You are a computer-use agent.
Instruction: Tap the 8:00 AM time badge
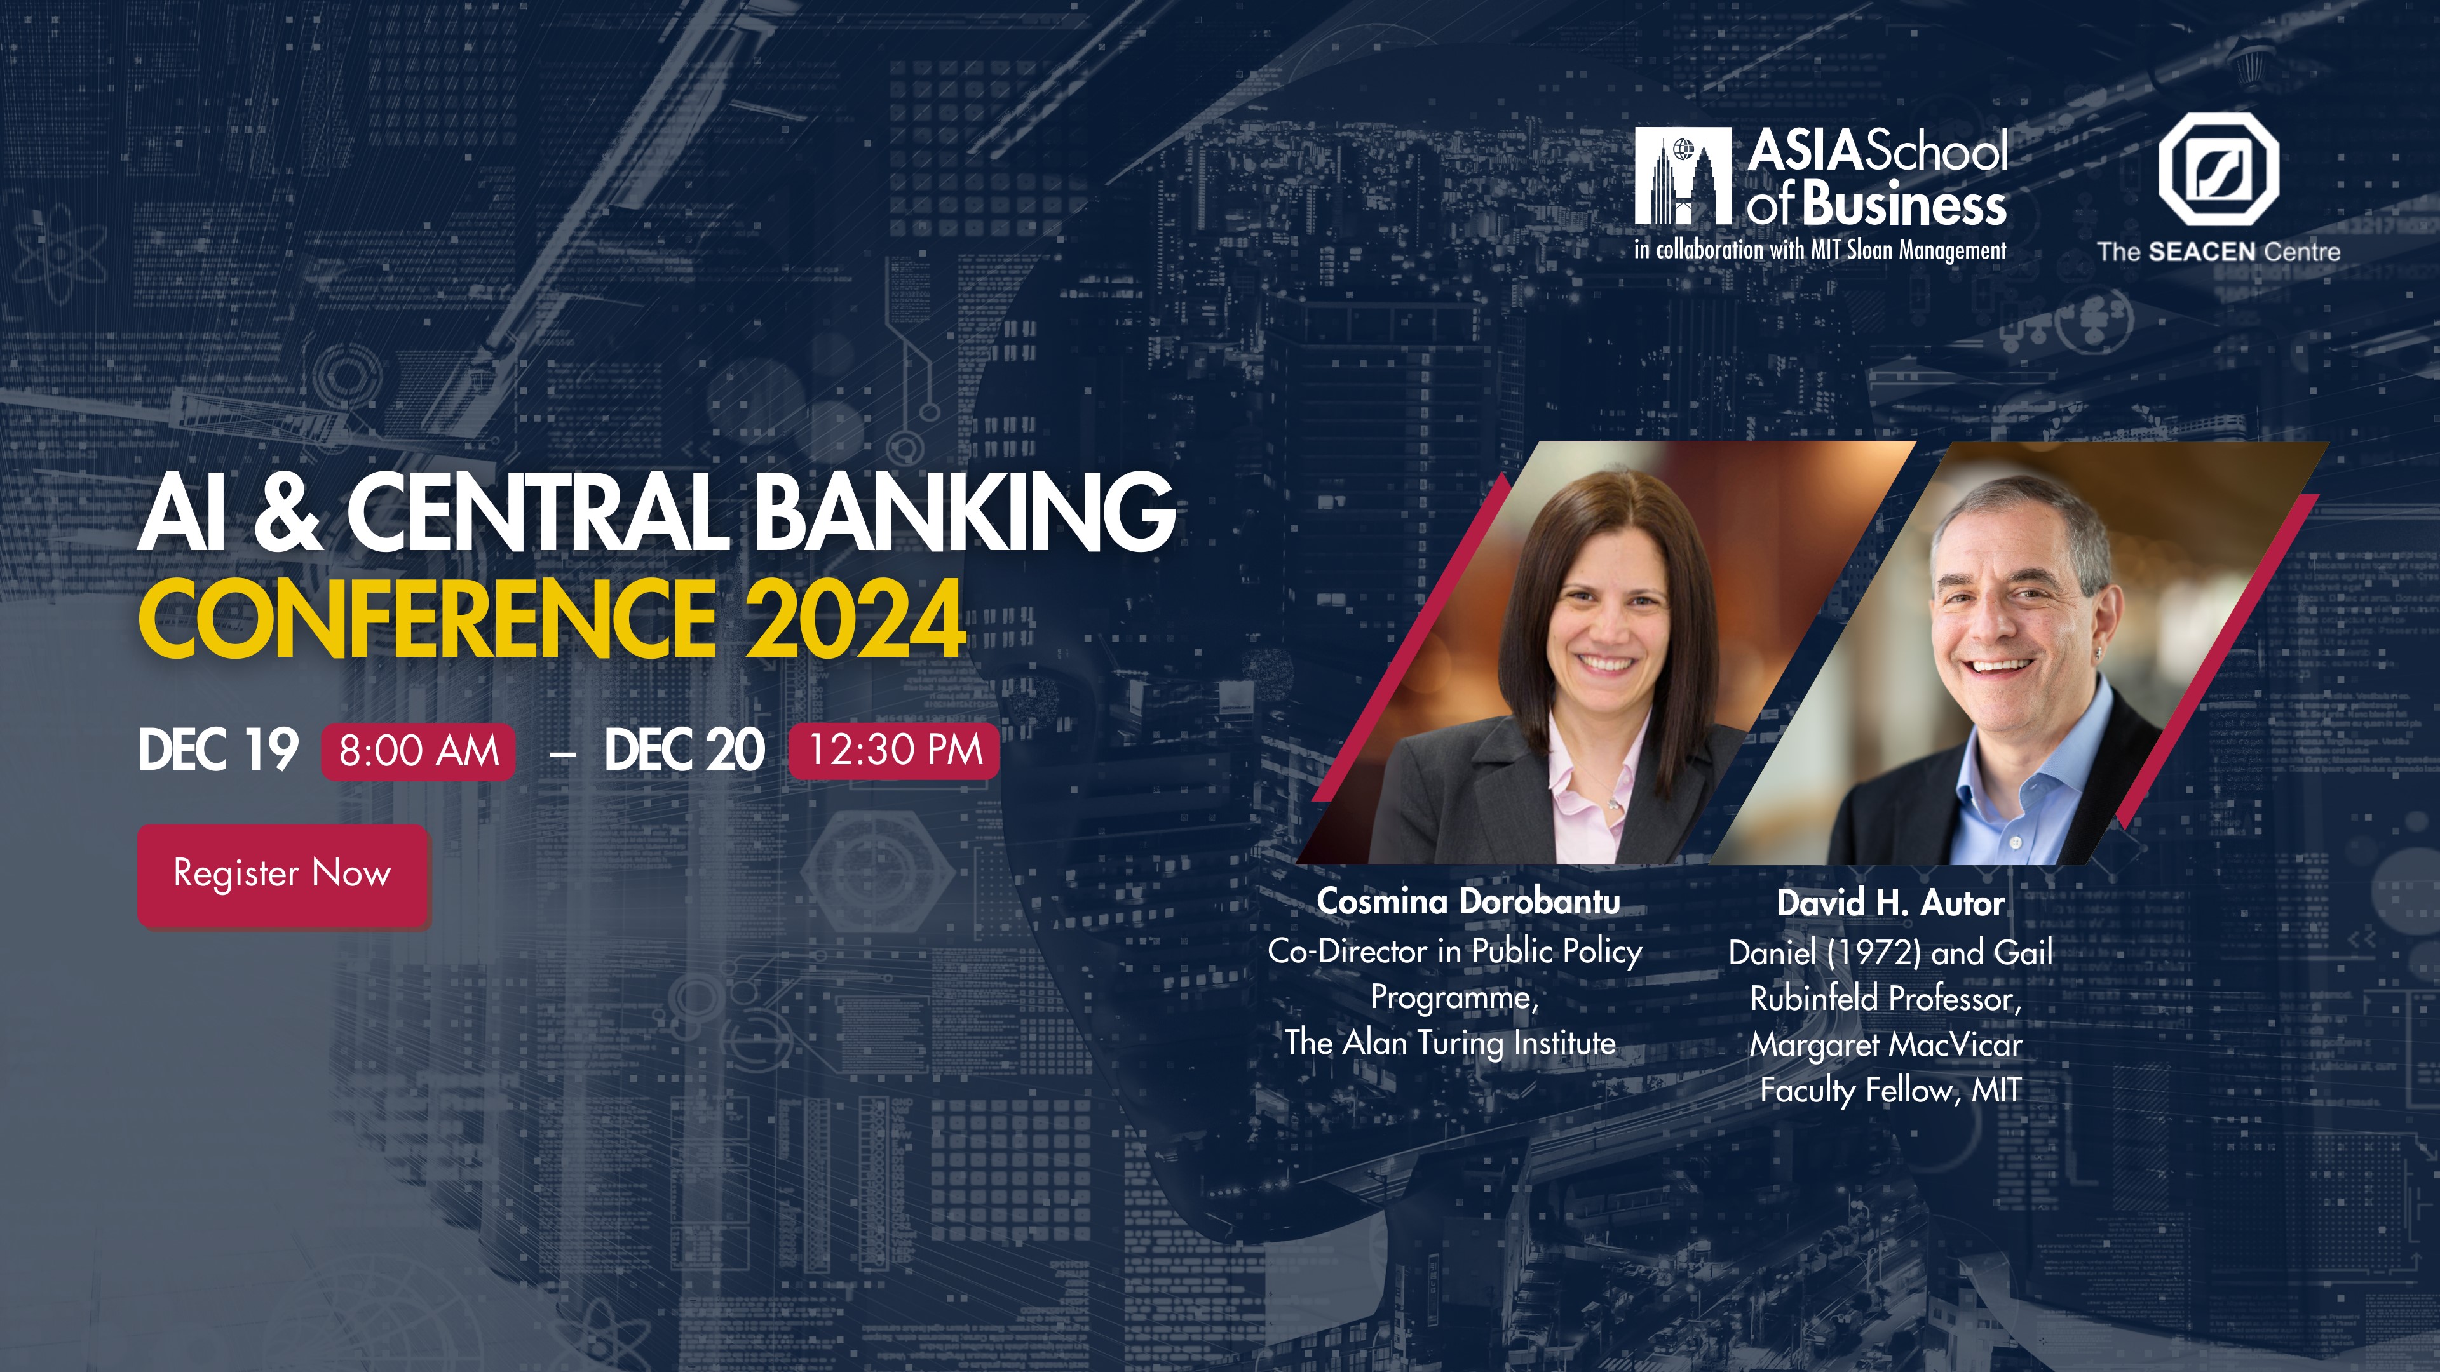click(x=419, y=751)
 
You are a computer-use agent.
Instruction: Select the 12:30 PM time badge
click(x=894, y=750)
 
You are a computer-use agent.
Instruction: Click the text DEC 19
click(x=218, y=751)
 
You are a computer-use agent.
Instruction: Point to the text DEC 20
click(x=684, y=751)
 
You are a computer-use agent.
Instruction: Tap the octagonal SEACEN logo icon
click(x=2218, y=170)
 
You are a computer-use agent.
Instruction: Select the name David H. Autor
click(x=1890, y=903)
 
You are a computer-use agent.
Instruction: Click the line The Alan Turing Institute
click(x=1450, y=1042)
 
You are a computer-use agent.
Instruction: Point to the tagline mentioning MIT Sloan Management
click(x=1820, y=251)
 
